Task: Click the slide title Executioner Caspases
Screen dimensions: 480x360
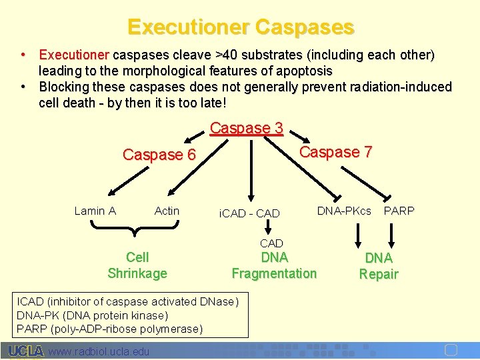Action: click(240, 27)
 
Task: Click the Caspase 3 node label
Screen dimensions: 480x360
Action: click(247, 128)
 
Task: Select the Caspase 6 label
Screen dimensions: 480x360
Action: click(159, 155)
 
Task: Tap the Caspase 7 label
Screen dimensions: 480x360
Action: click(335, 152)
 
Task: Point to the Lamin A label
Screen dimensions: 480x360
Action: click(95, 211)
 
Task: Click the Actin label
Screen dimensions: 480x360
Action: click(167, 211)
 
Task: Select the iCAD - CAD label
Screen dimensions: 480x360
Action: click(249, 214)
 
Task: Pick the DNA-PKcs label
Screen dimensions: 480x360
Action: click(344, 211)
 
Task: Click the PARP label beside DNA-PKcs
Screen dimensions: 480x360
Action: click(399, 211)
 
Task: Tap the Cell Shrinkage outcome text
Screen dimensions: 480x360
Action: click(137, 265)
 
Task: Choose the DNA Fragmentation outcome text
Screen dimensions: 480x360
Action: click(274, 265)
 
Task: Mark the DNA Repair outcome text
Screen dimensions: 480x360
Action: click(379, 266)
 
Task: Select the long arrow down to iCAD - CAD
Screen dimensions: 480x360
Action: click(251, 167)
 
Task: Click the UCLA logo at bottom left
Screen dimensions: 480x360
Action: click(26, 351)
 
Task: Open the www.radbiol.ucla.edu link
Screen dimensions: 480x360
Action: click(99, 351)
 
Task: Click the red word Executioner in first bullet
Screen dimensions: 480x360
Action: click(74, 54)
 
